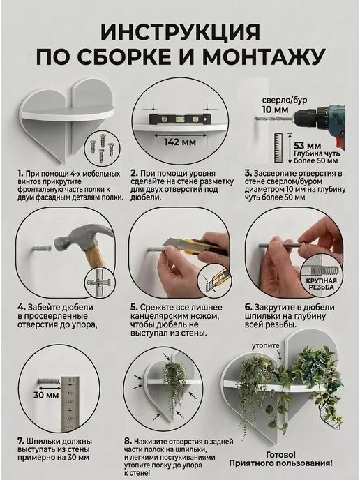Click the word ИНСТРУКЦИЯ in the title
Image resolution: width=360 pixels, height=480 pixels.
pos(180,32)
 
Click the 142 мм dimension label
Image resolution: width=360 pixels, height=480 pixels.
pos(180,142)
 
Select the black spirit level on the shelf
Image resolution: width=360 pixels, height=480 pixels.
pos(180,119)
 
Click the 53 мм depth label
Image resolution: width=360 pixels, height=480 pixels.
pos(307,146)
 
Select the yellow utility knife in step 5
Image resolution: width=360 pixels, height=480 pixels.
pos(196,247)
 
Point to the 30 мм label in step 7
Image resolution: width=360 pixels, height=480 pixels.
pos(47,395)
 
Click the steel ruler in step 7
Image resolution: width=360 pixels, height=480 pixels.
pos(70,405)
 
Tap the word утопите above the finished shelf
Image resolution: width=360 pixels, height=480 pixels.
pos(266,346)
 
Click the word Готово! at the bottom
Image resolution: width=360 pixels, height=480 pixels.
pos(280,455)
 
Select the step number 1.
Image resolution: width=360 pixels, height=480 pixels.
pos(20,174)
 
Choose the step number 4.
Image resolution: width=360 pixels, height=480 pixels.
pos(21,308)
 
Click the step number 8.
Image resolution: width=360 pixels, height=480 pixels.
pos(128,441)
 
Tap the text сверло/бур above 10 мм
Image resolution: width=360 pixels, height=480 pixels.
pos(285,100)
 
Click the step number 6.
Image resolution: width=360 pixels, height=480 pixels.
pos(248,308)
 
